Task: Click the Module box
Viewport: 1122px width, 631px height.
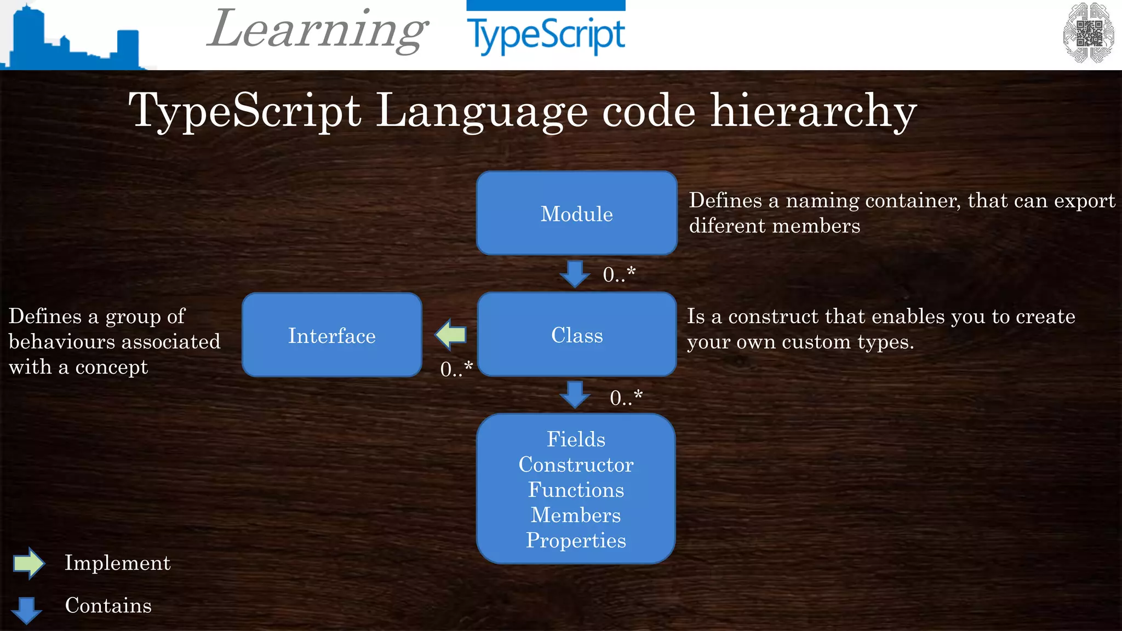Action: coord(576,214)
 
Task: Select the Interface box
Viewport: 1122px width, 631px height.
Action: coord(332,335)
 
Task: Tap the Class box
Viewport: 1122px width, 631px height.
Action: coord(576,335)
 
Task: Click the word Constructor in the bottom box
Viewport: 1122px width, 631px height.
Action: coord(576,464)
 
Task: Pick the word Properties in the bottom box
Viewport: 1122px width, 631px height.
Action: coord(576,540)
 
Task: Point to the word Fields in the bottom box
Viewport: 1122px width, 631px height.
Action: coord(576,439)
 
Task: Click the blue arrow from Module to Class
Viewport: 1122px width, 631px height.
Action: coord(575,274)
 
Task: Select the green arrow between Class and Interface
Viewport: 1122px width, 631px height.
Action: coord(450,335)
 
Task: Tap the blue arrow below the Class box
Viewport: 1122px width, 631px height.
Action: coord(575,395)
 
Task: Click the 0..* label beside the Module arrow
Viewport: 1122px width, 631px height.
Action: coord(619,274)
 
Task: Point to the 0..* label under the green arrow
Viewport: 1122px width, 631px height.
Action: coord(456,369)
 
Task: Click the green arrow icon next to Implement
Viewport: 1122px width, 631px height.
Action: coord(28,563)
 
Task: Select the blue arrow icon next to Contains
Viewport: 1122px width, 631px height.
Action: coord(26,610)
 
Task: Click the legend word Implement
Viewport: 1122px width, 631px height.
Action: coord(117,563)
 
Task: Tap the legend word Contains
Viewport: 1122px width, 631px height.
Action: coord(108,605)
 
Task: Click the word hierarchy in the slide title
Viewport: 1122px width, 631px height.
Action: coord(813,111)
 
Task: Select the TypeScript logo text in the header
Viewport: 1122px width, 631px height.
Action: coord(545,35)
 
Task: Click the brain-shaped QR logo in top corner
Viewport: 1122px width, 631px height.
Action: coord(1088,33)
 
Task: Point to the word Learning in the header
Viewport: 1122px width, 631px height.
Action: coord(318,30)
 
